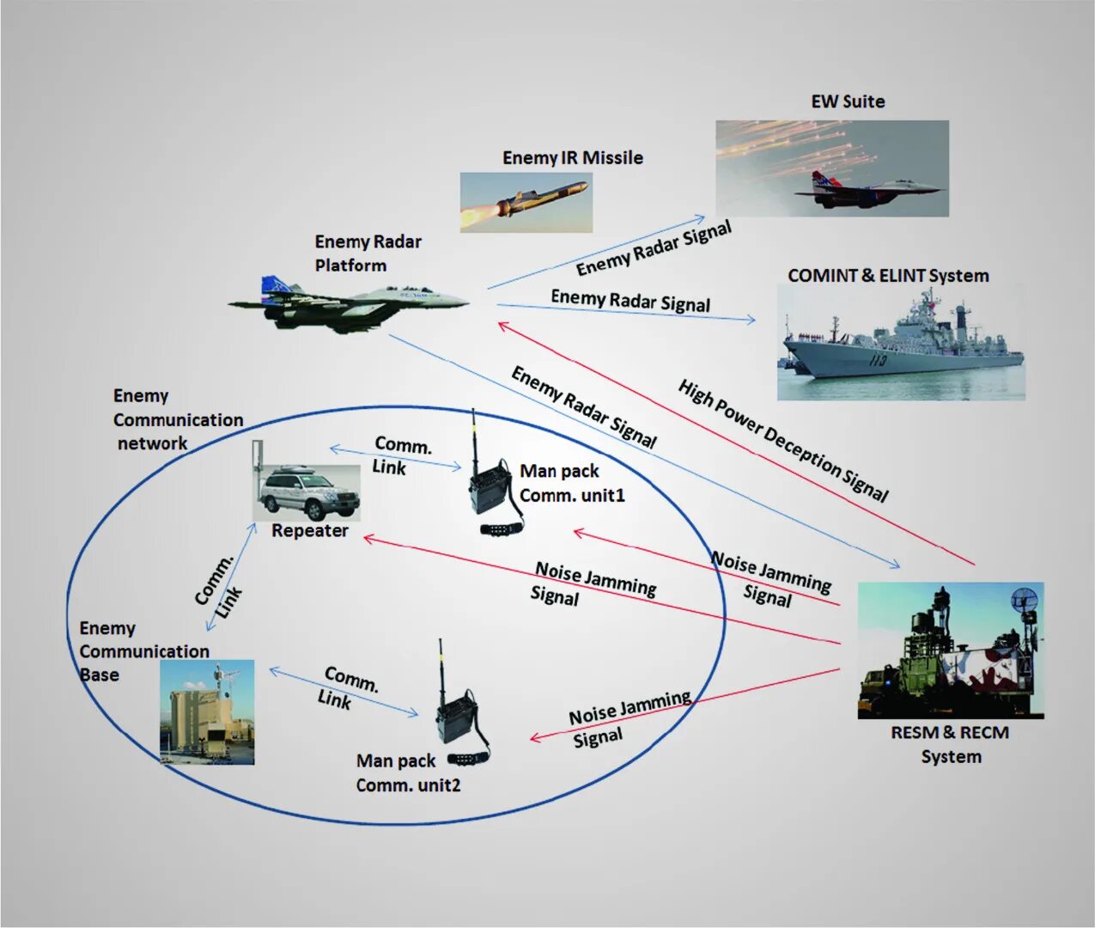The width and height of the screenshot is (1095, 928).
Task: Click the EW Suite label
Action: pos(848,101)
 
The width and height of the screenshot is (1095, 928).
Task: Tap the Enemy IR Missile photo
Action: pos(526,203)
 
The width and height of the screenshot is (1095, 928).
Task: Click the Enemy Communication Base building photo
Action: pos(207,712)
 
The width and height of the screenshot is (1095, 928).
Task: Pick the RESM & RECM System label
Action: pos(950,745)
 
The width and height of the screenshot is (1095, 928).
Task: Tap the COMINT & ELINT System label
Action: pos(888,276)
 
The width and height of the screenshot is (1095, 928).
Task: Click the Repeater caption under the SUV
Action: pos(310,531)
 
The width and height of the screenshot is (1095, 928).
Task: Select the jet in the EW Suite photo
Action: pos(867,192)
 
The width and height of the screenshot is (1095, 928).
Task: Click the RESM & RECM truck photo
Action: pos(951,650)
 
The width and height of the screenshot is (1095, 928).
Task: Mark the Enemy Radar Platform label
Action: pos(368,253)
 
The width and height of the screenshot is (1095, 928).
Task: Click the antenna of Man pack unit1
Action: pos(473,438)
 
